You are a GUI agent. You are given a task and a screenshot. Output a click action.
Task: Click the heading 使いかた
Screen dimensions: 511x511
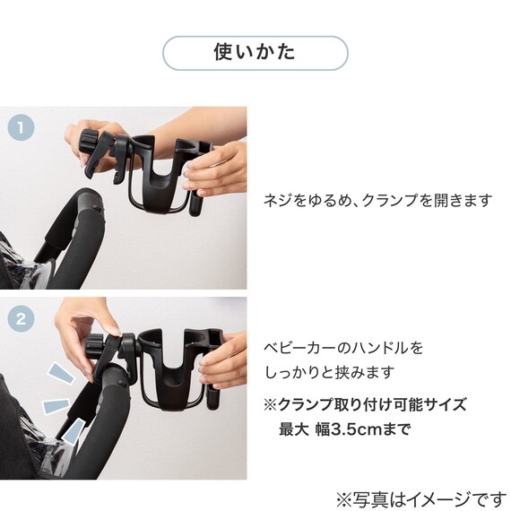(255, 52)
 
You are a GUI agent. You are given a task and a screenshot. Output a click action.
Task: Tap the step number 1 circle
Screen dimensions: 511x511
(21, 127)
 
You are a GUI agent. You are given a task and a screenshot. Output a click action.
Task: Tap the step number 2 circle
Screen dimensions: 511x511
(21, 318)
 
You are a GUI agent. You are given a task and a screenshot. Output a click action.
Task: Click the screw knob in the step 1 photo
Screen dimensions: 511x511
(89, 143)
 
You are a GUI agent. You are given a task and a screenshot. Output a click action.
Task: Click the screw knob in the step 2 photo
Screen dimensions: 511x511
(94, 346)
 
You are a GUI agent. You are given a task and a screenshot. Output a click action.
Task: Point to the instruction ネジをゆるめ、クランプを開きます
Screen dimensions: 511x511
(377, 200)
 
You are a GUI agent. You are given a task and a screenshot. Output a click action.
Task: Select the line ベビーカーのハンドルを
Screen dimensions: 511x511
(343, 348)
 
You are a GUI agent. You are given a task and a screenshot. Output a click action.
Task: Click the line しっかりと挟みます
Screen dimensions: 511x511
(329, 372)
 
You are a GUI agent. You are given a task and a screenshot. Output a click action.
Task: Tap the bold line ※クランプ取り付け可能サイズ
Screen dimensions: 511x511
(365, 404)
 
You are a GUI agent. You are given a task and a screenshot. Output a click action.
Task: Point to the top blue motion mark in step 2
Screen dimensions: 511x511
(62, 373)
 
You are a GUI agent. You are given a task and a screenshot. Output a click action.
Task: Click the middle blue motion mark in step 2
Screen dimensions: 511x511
(56, 406)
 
